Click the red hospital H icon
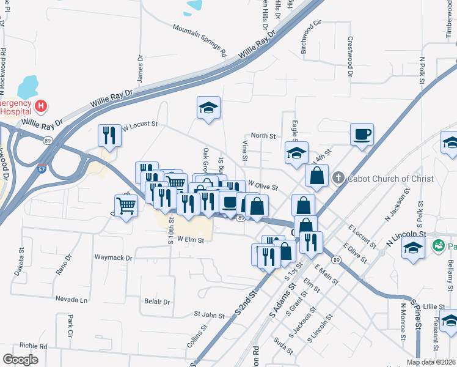[x=41, y=106]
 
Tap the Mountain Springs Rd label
[x=199, y=40]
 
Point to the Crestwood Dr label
[x=351, y=57]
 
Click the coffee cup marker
[x=362, y=134]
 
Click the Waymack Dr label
[x=113, y=258]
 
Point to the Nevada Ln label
[x=71, y=300]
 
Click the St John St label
[x=210, y=314]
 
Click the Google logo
[x=20, y=360]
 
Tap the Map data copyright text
[x=431, y=362]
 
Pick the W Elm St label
[x=190, y=240]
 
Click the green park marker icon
[x=438, y=247]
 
